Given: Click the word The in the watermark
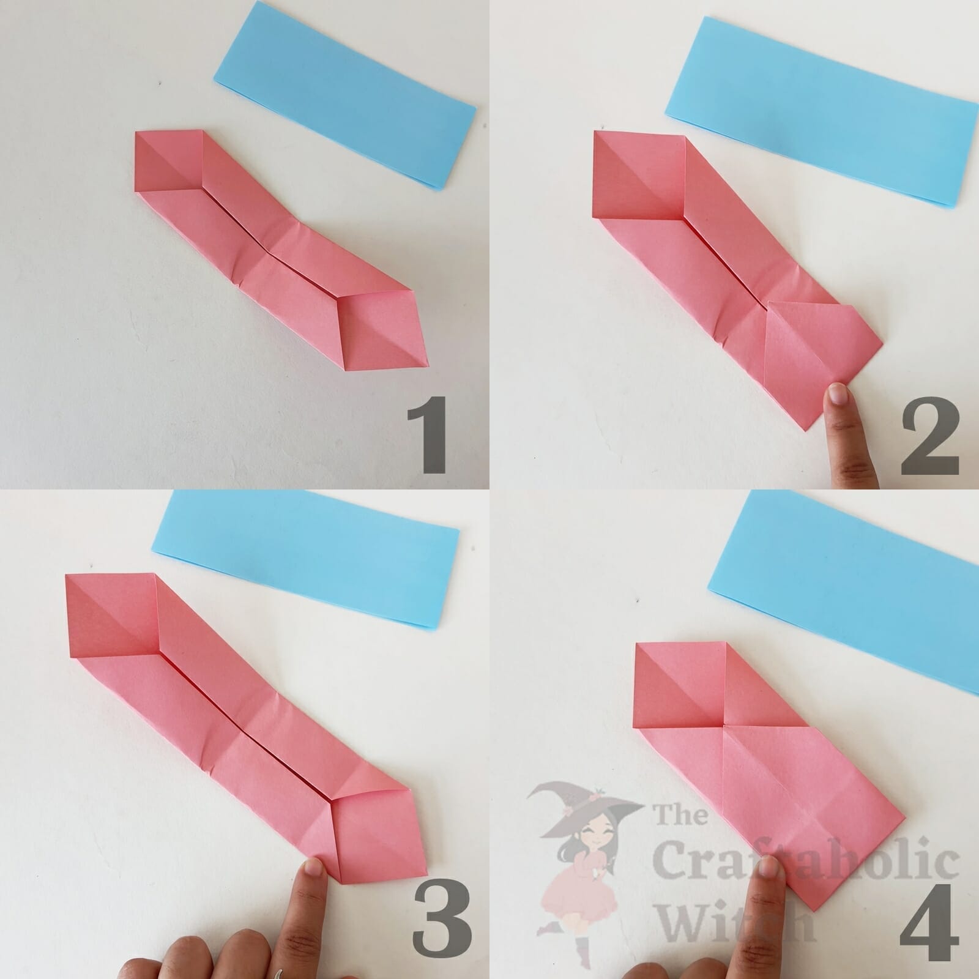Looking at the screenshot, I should click(x=679, y=817).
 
